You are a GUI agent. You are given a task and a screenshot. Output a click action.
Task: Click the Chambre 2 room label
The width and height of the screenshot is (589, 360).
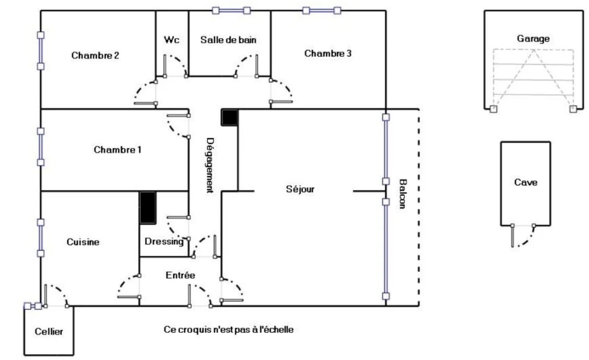coord(95,56)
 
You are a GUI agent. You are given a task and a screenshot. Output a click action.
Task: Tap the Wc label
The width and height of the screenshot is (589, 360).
coord(171,40)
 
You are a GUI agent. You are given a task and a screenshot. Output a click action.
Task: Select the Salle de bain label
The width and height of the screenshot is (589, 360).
coord(228,40)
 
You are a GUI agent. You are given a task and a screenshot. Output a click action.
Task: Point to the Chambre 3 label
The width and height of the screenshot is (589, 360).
coord(328,53)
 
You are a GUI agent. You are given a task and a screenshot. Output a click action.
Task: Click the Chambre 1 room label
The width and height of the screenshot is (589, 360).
coord(117,150)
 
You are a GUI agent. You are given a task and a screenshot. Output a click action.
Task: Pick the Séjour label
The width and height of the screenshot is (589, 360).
coord(300,189)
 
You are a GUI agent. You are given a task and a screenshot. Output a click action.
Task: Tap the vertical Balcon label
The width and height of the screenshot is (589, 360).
coord(402,194)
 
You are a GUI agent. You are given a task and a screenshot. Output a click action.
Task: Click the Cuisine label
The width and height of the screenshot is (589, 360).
coord(83,242)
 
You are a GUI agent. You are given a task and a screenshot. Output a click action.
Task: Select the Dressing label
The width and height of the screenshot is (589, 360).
coord(164,242)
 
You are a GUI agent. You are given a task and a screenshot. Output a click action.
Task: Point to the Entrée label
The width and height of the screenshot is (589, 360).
coord(180,275)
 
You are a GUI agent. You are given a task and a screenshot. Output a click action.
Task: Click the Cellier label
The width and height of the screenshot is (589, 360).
coord(49,331)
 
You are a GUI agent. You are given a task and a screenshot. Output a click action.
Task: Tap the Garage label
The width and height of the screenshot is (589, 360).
coord(533,39)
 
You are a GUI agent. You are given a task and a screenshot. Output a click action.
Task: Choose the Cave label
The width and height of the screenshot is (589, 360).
coord(526,182)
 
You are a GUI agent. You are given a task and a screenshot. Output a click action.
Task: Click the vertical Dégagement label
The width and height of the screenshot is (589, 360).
coord(210,165)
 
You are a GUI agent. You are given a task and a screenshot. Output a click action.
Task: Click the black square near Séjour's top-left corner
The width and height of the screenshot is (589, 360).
coord(230,117)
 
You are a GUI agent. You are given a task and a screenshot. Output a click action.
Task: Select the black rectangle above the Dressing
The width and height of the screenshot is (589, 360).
coord(148,208)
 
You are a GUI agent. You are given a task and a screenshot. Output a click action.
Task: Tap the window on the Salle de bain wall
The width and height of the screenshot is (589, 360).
coord(231,10)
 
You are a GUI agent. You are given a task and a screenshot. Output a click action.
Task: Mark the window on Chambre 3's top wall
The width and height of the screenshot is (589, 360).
coord(322,10)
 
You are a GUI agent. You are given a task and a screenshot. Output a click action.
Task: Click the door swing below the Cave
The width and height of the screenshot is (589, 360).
coord(523,236)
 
